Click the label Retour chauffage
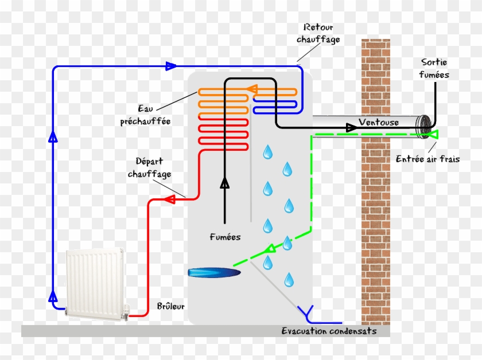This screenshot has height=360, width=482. point(318,33)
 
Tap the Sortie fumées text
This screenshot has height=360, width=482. point(434,68)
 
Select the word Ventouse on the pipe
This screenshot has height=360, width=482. point(379,122)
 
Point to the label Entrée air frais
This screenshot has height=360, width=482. point(427,159)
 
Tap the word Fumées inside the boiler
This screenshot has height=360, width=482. point(225,237)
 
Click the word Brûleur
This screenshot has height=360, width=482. point(170,306)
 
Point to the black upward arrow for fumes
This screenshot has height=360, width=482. point(225,183)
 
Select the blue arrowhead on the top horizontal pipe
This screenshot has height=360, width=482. point(170,66)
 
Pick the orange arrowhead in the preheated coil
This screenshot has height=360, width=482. point(251,89)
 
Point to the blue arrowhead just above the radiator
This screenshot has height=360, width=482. point(53,296)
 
